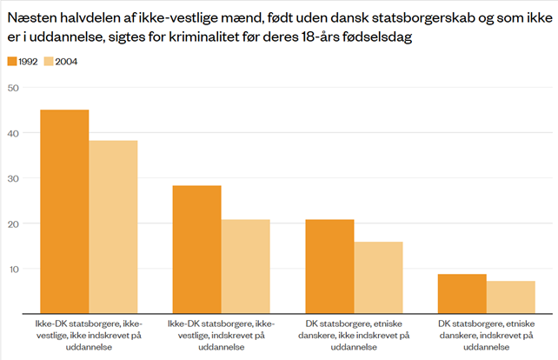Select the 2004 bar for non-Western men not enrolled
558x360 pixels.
(x=113, y=226)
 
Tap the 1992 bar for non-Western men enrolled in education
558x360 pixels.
(x=196, y=249)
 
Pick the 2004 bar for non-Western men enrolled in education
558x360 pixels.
(x=245, y=265)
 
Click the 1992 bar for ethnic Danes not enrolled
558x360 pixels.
(x=329, y=265)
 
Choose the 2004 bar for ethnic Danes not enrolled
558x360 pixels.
(x=378, y=277)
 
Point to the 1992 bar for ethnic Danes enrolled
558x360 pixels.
(x=462, y=293)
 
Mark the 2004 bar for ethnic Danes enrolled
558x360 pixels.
(x=511, y=297)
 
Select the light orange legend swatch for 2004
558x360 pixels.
(x=48, y=61)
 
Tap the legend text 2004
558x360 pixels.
(x=67, y=61)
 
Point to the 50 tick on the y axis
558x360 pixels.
(x=12, y=88)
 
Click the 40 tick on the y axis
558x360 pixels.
(x=12, y=133)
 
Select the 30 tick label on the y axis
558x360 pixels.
(x=12, y=178)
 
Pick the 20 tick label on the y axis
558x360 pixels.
(x=12, y=223)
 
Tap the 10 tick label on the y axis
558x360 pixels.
(x=12, y=269)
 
